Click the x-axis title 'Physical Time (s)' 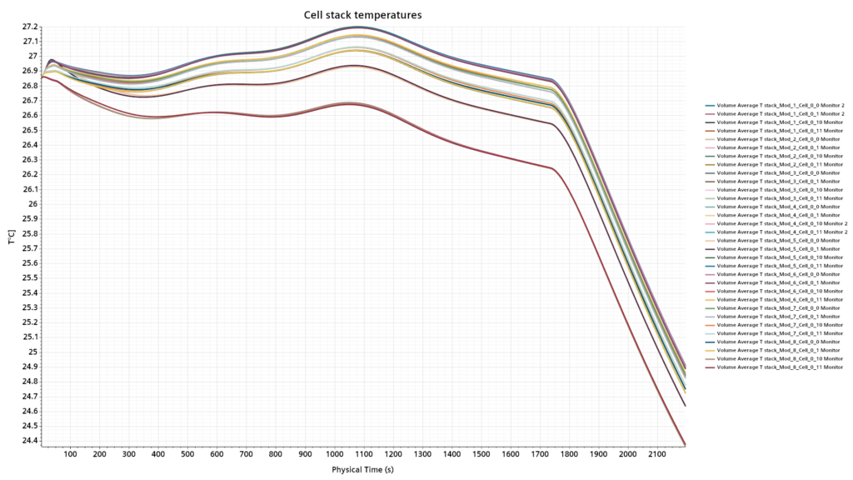point(362,470)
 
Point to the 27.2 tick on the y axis point(27,27)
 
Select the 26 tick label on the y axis point(31,203)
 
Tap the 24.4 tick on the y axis point(27,440)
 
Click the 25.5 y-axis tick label point(27,277)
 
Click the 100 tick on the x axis point(70,454)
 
